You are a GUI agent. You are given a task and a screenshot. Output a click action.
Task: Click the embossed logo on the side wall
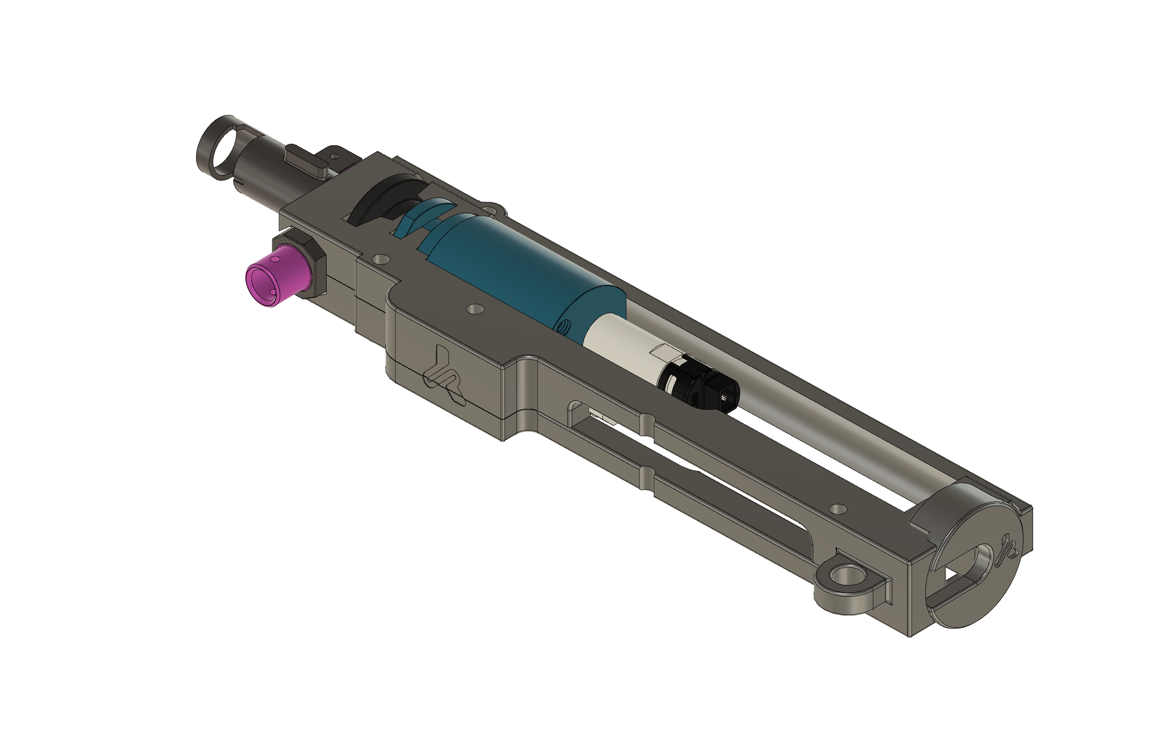(x=443, y=376)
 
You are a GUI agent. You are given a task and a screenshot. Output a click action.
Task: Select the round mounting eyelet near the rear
(x=845, y=577)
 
